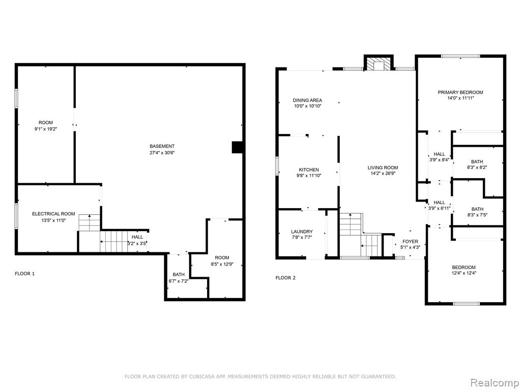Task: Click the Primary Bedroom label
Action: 460,92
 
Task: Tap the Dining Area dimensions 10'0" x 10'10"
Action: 307,106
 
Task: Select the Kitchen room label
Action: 309,170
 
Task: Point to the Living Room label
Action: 383,168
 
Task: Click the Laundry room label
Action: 302,232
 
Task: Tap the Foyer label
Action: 410,241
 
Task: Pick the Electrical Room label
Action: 53,214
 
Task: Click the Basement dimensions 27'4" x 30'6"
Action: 162,153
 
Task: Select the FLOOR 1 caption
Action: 24,274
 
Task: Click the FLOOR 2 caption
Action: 285,278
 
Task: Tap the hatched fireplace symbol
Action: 379,63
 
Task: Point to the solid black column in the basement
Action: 237,147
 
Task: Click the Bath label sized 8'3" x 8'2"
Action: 477,162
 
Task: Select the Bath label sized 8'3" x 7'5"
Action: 477,209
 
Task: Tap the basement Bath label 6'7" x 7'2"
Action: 179,275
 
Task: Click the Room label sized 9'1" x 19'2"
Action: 45,123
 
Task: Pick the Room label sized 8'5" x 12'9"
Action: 222,257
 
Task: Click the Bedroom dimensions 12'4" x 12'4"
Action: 464,273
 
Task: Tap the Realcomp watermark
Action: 494,383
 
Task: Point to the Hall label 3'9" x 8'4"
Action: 439,154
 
